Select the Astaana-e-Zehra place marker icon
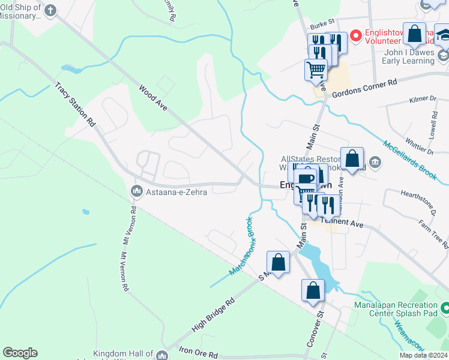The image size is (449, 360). [135, 192]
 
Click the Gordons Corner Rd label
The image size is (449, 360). [368, 86]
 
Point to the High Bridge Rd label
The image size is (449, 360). [212, 317]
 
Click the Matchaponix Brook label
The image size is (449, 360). [241, 247]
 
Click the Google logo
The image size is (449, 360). [20, 353]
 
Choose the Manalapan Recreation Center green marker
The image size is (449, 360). [445, 309]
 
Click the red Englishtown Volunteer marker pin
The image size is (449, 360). [355, 37]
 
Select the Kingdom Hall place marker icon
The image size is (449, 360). [161, 356]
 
